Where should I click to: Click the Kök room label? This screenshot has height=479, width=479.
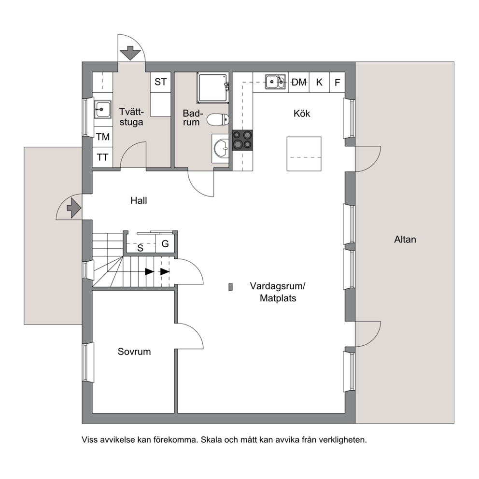[x=301, y=113]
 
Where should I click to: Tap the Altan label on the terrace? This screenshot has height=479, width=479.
[x=405, y=239]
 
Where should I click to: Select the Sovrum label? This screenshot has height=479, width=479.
[x=134, y=352]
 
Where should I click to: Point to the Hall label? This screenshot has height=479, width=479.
[x=139, y=201]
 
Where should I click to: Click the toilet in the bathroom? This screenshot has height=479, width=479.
[x=218, y=119]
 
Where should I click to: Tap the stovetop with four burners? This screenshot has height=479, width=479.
[x=242, y=140]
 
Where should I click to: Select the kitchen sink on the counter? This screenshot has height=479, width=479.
[x=275, y=82]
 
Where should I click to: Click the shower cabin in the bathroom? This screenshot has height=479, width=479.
[x=212, y=88]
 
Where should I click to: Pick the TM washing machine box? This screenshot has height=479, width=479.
[x=103, y=137]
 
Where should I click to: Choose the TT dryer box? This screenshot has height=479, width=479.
[x=103, y=157]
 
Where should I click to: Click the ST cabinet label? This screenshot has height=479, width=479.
[x=161, y=82]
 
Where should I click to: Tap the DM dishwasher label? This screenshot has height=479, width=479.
[x=299, y=82]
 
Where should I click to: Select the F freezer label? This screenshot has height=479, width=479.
[x=337, y=83]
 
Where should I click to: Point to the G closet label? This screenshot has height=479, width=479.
[x=165, y=243]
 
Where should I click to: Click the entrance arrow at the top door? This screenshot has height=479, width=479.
[x=130, y=53]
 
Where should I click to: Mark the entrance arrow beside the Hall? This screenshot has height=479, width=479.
[x=73, y=208]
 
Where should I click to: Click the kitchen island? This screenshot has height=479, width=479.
[x=304, y=154]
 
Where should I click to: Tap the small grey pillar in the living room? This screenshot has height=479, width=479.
[x=231, y=287]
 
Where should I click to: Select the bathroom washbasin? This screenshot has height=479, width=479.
[x=220, y=148]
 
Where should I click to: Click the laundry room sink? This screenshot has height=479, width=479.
[x=103, y=109]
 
